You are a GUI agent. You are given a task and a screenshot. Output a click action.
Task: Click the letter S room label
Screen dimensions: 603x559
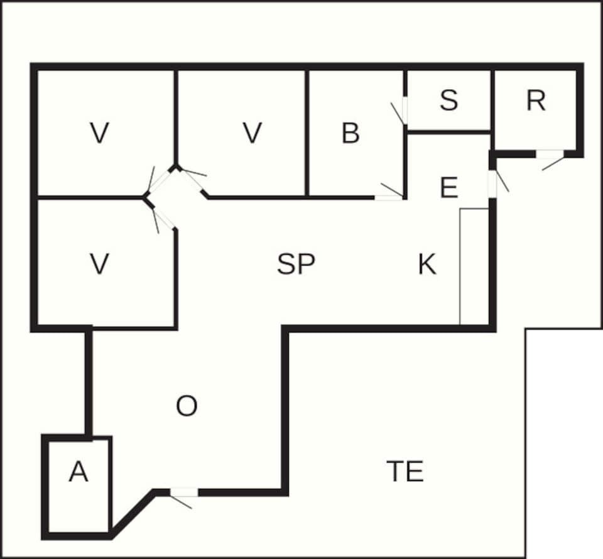pos(448,100)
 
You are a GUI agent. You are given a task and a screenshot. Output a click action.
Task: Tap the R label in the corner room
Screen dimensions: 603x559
pos(536,100)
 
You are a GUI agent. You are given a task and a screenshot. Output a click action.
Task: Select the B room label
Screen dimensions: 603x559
pos(350,133)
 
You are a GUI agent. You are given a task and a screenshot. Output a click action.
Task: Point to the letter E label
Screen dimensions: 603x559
pos(448,188)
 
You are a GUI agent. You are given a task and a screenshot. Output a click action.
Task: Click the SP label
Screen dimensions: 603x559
pos(296,265)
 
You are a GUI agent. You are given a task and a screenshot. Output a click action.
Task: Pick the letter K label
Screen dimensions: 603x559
pos(427,265)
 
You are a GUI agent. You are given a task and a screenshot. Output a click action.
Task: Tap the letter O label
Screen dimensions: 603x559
pos(187,406)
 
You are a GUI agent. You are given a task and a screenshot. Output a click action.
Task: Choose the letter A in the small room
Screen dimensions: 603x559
pos(78,472)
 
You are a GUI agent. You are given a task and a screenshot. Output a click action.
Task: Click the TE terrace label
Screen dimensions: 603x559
pos(405,471)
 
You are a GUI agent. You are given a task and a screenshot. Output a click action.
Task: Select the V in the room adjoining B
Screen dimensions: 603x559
pos(252,133)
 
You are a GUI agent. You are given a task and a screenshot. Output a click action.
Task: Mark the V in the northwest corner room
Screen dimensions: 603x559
pos(99,133)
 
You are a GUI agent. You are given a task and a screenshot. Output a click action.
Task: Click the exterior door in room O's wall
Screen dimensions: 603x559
pos(184,492)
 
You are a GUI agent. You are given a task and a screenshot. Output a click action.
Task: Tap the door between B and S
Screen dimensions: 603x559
pos(405,111)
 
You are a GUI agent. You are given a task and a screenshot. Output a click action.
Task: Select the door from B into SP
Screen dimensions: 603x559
pos(389,197)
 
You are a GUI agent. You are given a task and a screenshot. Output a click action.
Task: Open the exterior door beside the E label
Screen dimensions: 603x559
pos(492,183)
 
